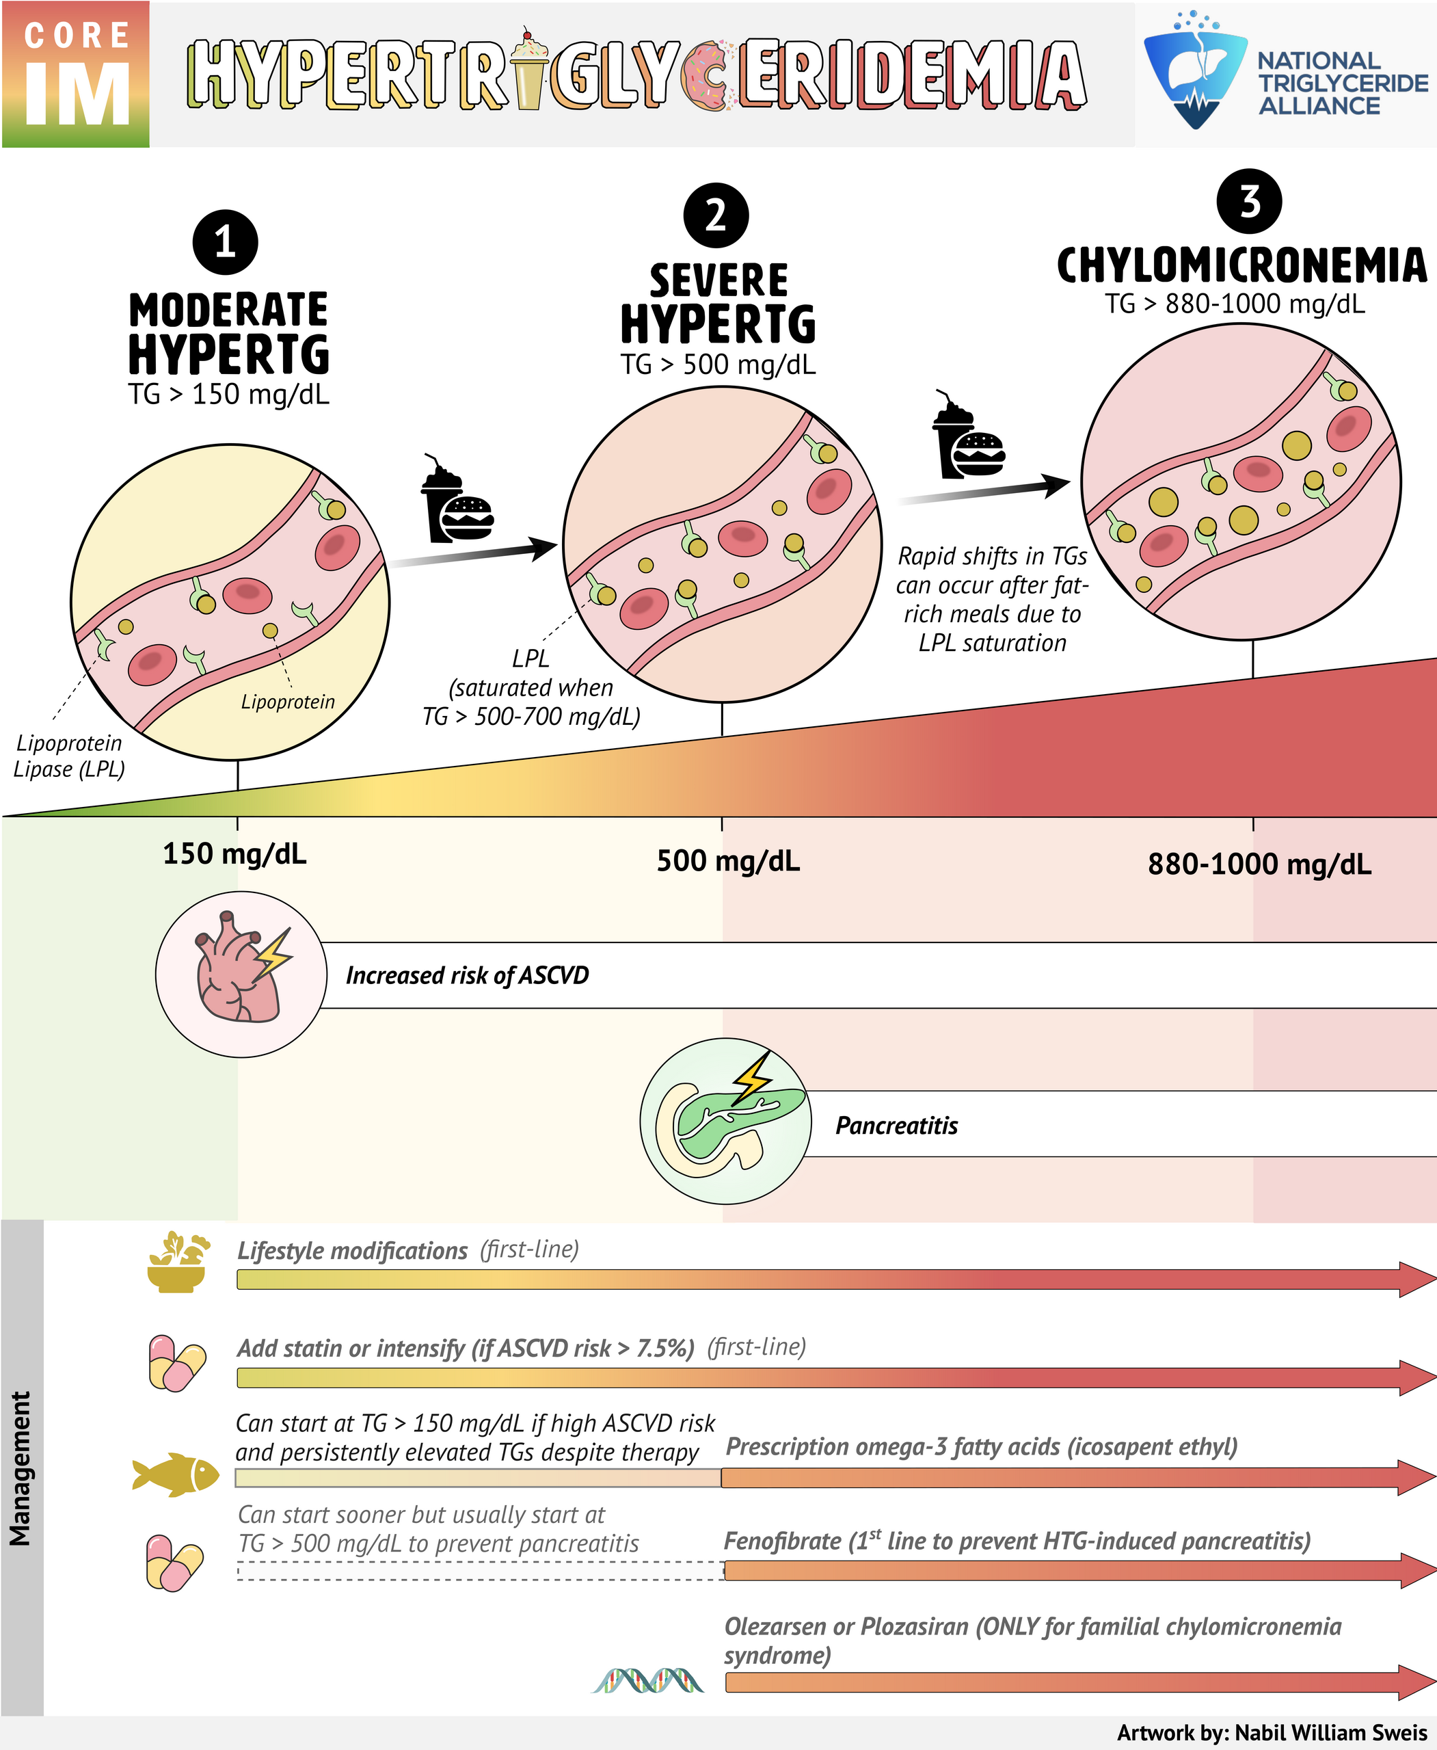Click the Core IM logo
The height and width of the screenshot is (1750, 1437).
click(x=75, y=75)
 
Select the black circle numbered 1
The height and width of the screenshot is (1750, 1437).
click(x=225, y=243)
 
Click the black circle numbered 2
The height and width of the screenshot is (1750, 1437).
click(x=716, y=215)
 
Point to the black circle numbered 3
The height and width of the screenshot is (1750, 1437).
click(x=1249, y=201)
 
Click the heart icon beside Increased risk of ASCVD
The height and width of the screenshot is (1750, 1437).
click(x=241, y=975)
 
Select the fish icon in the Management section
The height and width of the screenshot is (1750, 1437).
click(x=176, y=1474)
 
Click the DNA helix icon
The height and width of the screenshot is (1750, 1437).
click(x=648, y=1680)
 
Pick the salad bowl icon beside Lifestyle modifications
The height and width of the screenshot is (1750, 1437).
click(x=177, y=1263)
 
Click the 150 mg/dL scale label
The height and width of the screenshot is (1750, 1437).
click(x=234, y=853)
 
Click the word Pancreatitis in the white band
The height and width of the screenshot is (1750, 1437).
click(x=896, y=1126)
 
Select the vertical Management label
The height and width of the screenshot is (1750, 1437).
click(x=20, y=1468)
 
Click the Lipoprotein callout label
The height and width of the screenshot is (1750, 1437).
click(x=288, y=702)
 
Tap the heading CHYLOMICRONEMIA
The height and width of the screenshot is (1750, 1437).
click(x=1241, y=267)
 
